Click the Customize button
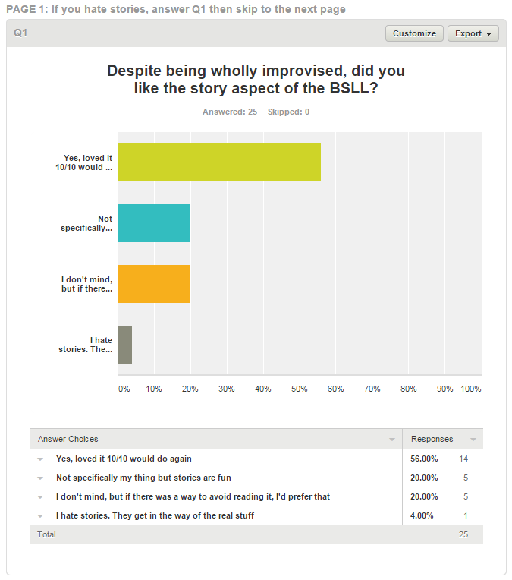coord(414,33)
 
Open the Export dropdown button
coord(473,33)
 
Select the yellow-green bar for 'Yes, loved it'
coord(219,162)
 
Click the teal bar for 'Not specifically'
coord(154,223)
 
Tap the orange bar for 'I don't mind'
coord(154,284)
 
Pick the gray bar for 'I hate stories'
coord(125,345)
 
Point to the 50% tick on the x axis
coord(300,389)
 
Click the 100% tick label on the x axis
coord(471,389)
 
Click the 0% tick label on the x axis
coord(124,389)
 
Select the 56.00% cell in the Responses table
coord(424,459)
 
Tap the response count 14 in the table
coord(464,459)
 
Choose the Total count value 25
coord(463,534)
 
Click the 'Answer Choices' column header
coord(68,439)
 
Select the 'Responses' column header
coord(432,439)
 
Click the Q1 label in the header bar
coord(20,33)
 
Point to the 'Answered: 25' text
coord(230,112)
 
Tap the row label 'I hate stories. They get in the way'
coord(155,515)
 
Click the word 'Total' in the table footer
coord(47,534)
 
